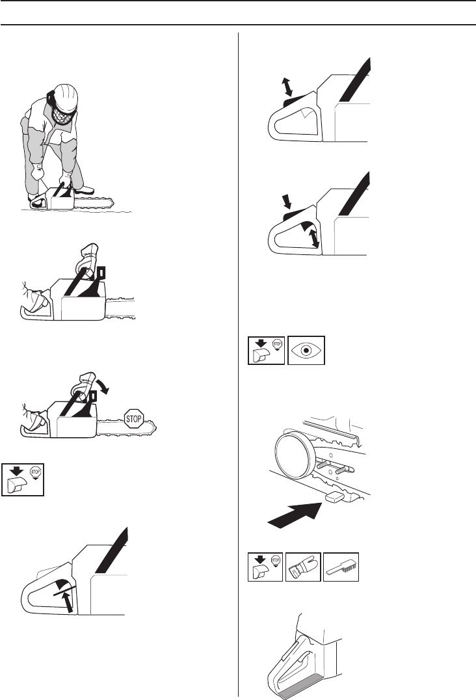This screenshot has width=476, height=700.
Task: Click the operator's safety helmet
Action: coord(64,94)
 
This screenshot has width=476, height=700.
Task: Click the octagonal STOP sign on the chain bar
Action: coord(133,419)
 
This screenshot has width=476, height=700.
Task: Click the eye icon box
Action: coord(306,350)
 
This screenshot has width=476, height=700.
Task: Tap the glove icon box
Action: coord(303,567)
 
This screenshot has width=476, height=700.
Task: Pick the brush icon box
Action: coord(341,567)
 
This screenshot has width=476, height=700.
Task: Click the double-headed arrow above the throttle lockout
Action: coord(287,87)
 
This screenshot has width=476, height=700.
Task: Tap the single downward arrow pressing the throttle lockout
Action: coord(286,201)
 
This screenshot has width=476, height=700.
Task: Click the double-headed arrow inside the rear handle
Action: coord(315,238)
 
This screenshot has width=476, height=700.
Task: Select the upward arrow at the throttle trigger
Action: coord(68,601)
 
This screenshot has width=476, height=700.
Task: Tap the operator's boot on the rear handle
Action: coord(38,202)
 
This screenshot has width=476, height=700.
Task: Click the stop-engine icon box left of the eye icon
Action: coord(267,350)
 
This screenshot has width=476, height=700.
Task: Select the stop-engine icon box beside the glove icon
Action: coord(265,567)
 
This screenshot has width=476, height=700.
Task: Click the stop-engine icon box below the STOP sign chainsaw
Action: coord(23,479)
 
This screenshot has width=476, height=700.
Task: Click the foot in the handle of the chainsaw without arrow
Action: coord(36,298)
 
